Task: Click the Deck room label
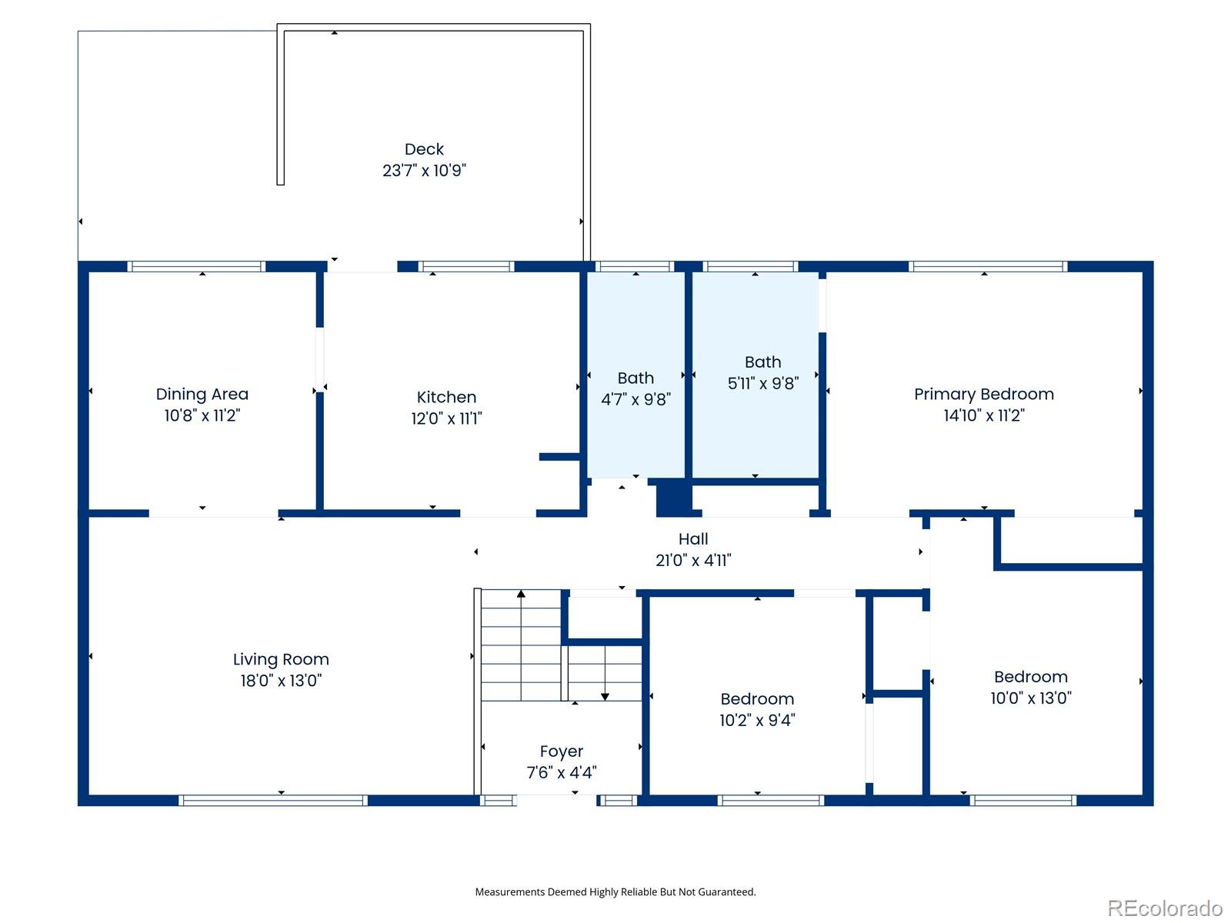[x=424, y=149]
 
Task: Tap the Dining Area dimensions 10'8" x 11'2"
[x=202, y=415]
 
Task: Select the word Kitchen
[x=446, y=397]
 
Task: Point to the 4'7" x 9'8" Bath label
[x=636, y=388]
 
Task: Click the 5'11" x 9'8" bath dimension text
[x=762, y=383]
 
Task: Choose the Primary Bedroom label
[x=984, y=395]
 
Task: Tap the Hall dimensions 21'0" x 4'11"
[x=693, y=560]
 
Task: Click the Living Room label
[x=281, y=660]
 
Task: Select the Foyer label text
[x=562, y=751]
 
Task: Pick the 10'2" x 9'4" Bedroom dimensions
[x=757, y=720]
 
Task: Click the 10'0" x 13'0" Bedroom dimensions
[x=1031, y=698]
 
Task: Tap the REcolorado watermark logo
[x=1165, y=908]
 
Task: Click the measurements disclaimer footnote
[x=615, y=891]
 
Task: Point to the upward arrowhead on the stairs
[x=521, y=594]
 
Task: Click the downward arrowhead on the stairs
[x=605, y=697]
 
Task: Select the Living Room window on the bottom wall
[x=273, y=800]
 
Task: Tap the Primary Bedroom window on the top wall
[x=988, y=266]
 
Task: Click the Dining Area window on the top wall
[x=196, y=266]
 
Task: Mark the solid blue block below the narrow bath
[x=673, y=497]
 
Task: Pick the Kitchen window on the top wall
[x=466, y=266]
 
